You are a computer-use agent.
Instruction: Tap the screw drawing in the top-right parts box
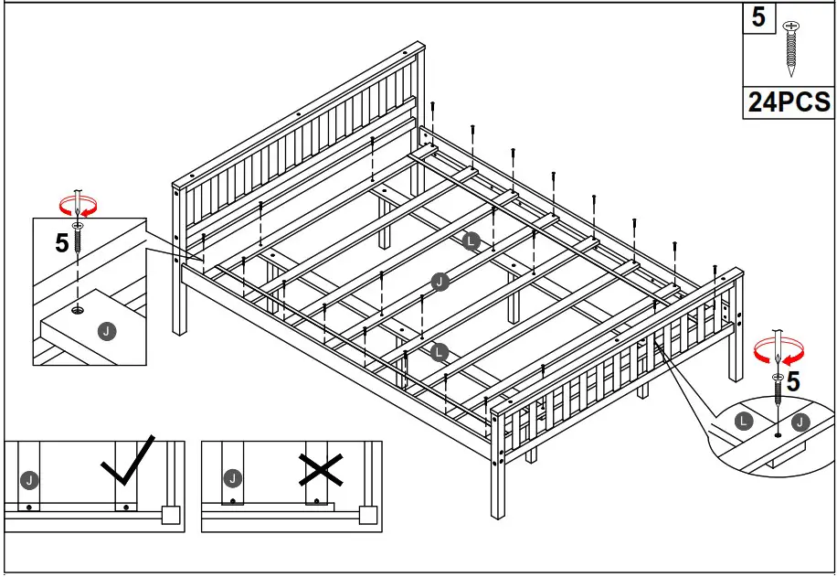[791, 48]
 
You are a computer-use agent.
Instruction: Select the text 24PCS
[789, 102]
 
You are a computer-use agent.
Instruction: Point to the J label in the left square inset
[108, 331]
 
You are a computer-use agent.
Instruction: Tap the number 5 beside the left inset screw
[61, 244]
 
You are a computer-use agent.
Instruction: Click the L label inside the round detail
[744, 422]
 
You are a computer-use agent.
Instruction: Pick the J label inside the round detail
[801, 422]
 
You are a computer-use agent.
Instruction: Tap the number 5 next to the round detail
[793, 382]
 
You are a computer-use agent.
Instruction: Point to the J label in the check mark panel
[29, 478]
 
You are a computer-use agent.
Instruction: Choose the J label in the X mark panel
[233, 478]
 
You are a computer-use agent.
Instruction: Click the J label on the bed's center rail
[440, 282]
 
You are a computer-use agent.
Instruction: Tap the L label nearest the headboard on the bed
[471, 241]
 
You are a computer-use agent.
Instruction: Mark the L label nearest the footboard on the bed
[440, 351]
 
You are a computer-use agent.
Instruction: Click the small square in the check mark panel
[168, 515]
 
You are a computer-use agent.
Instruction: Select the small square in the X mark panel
[367, 515]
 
